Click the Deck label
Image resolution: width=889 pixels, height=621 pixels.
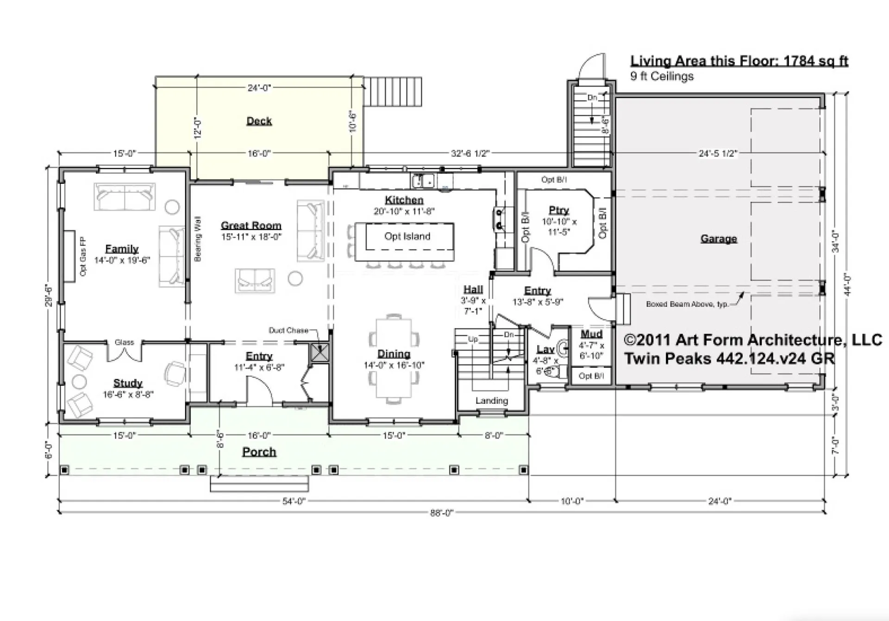click(259, 121)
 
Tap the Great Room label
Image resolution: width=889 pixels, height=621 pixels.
click(251, 226)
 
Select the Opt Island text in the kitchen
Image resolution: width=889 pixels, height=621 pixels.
click(407, 236)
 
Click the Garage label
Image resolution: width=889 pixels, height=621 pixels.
click(718, 239)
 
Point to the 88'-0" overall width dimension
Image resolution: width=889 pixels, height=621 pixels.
click(441, 513)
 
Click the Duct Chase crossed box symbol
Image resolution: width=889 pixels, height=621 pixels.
click(319, 352)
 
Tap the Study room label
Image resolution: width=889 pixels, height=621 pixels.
click(128, 383)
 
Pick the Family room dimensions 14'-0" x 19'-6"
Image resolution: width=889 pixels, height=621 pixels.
click(122, 260)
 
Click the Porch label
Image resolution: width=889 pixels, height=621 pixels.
click(259, 452)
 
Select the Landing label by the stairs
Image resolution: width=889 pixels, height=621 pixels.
click(491, 401)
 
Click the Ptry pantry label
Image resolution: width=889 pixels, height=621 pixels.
click(558, 210)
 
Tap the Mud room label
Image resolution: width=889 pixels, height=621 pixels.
click(591, 334)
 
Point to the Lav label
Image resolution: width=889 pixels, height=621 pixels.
click(545, 349)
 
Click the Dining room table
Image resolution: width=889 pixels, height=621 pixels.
click(394, 357)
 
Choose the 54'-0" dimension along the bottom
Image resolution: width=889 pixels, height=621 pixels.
click(294, 501)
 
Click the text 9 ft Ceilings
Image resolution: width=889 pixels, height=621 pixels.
click(662, 76)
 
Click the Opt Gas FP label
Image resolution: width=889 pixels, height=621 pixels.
click(83, 256)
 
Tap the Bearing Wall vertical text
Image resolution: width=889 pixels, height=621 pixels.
click(198, 239)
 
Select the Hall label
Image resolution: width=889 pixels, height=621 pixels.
click(473, 289)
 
